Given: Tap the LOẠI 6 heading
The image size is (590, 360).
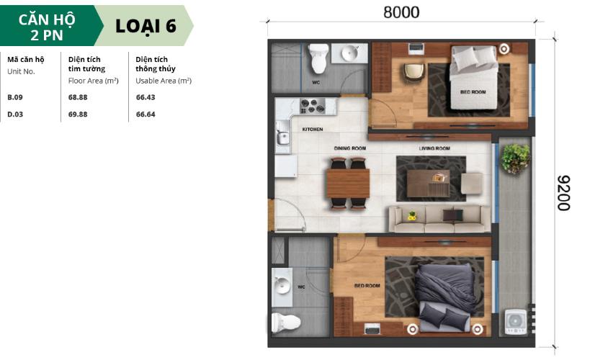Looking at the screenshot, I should coord(146,25).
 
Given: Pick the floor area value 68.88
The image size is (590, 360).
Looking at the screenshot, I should coord(78,96).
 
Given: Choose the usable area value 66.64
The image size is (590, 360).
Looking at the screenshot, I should coord(146,114).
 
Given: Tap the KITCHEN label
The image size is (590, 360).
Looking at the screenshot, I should coord(312,130).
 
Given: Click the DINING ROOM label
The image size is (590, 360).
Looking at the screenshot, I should coord(349,148).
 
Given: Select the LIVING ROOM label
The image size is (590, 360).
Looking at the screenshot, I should coord(434,148).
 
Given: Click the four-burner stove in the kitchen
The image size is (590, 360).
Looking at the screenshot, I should coord(313,107).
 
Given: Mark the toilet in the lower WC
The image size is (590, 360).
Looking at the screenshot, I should coord(286,320).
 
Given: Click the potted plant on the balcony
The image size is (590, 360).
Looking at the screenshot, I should coord(515,158).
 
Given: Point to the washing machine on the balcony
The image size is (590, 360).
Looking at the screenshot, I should coord(516,321).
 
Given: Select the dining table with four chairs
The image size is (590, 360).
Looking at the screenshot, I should coord(348,183).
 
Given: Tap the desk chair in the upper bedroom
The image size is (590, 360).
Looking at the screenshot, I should coord(414,72).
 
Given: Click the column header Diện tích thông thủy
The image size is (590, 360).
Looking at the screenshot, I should coord(154,63).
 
